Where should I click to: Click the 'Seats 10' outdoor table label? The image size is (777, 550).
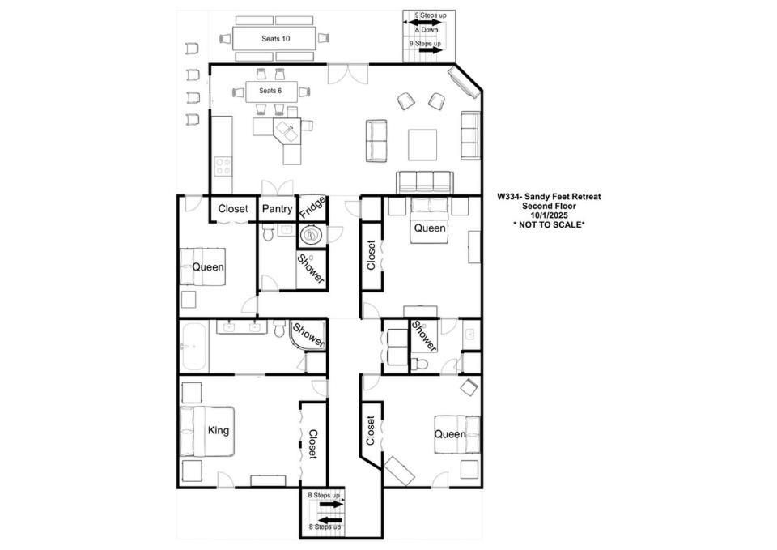tap(275, 39)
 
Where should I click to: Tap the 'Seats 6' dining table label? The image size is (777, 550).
tap(270, 91)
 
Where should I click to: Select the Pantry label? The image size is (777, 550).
tap(277, 209)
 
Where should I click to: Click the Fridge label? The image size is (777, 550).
tap(312, 207)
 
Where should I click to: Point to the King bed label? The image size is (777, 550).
tap(218, 430)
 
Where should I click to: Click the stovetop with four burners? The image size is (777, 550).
tap(223, 165)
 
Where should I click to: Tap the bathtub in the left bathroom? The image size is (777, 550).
tap(193, 346)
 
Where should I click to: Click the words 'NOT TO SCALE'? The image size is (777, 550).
tap(549, 224)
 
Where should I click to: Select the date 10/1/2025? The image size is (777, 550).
tap(549, 215)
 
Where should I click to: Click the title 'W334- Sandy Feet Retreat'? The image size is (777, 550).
tap(549, 196)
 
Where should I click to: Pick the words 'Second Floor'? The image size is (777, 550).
tap(549, 206)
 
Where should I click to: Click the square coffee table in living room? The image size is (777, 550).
tap(422, 145)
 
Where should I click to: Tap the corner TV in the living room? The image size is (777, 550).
tap(464, 81)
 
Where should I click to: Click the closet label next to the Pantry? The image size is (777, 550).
tap(233, 209)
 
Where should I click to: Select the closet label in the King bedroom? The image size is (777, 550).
tap(313, 444)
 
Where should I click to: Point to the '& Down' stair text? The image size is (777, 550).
tap(427, 30)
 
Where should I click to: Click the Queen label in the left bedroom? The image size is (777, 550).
tap(208, 266)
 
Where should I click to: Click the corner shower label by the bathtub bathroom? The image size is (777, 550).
tap(308, 335)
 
